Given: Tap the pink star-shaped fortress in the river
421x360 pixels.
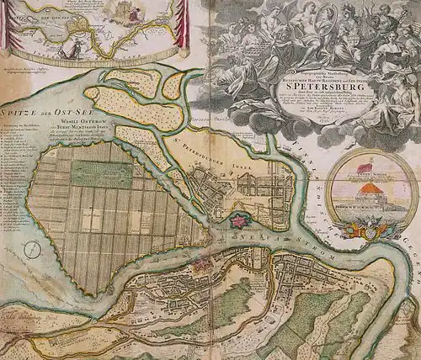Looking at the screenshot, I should tap(242, 222).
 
